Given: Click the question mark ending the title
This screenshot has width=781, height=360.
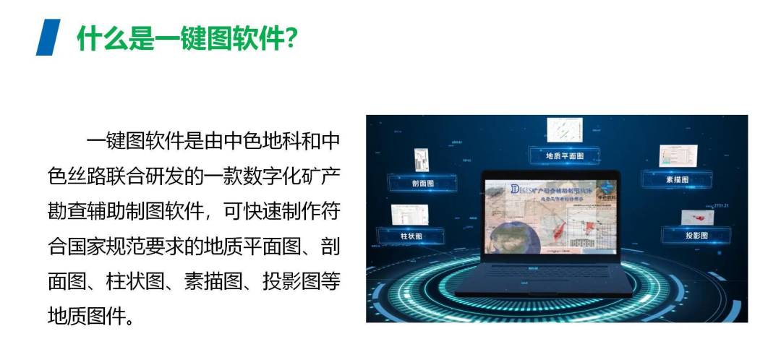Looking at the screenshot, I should click(x=290, y=38).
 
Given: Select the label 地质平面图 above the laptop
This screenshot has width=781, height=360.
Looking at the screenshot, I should click(x=565, y=155).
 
